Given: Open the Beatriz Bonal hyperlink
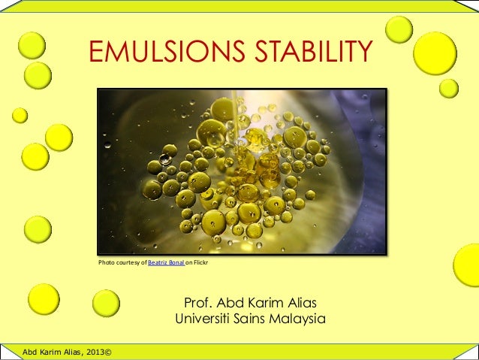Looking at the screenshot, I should pyautogui.click(x=166, y=262).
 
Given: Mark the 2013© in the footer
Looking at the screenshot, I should pyautogui.click(x=97, y=351).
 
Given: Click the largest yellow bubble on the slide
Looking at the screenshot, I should pyautogui.click(x=435, y=53).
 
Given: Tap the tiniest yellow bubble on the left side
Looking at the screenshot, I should pyautogui.click(x=20, y=115).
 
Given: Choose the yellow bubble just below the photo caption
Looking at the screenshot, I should pyautogui.click(x=106, y=303).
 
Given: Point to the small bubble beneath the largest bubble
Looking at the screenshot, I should pyautogui.click(x=449, y=89).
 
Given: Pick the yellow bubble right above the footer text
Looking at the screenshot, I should pyautogui.click(x=44, y=298).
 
